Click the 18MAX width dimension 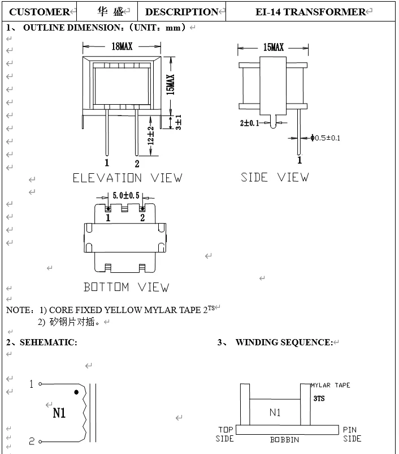click(122, 47)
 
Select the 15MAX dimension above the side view click(274, 48)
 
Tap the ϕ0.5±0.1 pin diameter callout click(325, 138)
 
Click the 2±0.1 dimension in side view click(250, 123)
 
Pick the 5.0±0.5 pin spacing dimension click(125, 195)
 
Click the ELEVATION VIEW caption click(127, 178)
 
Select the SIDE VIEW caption click(275, 177)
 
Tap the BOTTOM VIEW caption click(126, 287)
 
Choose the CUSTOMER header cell click(40, 12)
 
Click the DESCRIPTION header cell click(181, 12)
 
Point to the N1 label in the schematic click(59, 413)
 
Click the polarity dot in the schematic click(76, 392)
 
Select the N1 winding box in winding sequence click(275, 412)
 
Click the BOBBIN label click(284, 440)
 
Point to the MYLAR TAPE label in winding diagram click(330, 386)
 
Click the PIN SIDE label click(352, 434)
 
